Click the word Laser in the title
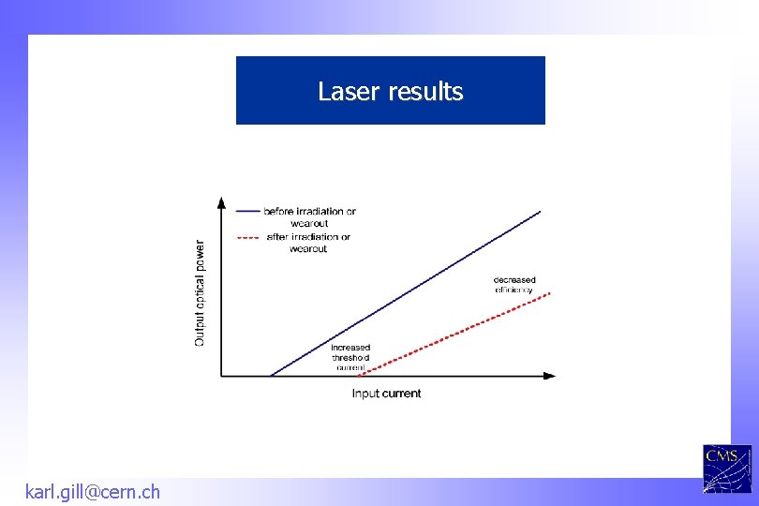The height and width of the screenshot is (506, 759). pos(343,91)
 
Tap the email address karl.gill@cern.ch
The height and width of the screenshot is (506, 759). pos(92,491)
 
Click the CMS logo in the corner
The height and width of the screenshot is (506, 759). pos(726,469)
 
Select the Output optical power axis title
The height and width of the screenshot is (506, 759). pos(200,292)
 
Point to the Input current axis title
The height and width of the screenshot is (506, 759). pos(386,394)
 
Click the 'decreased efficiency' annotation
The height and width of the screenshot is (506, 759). pos(514,285)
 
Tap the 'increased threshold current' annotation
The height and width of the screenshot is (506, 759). pos(350,357)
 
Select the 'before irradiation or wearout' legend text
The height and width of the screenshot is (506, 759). pos(309,217)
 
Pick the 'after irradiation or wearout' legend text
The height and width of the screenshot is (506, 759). pos(308,243)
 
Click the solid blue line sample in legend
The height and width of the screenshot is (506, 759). pos(248,212)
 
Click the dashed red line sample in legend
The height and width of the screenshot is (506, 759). pos(248,237)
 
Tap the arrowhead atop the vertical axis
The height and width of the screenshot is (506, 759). pos(221,201)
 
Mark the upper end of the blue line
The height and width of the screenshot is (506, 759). pos(541,212)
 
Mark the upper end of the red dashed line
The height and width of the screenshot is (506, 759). pos(550,292)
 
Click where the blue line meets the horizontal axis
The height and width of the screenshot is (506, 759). pos(271,377)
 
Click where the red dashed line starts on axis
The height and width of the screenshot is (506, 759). pos(361,376)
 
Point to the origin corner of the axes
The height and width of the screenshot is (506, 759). pos(221,377)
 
